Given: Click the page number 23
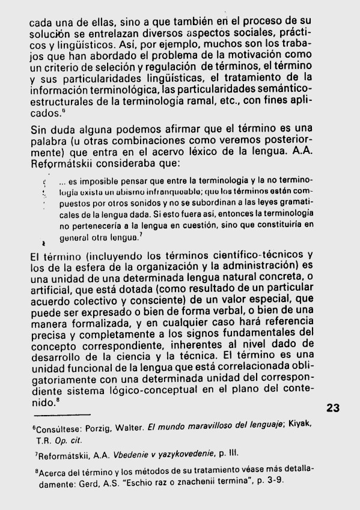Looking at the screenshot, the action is coord(332,407).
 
